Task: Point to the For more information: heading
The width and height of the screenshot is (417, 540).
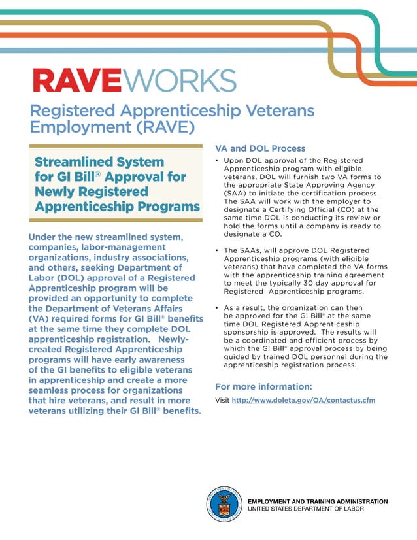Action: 263,386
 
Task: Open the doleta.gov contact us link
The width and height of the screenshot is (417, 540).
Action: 304,400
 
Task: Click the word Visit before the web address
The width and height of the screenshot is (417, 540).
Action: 222,400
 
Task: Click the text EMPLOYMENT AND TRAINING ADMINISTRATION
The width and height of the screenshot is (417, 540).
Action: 318,501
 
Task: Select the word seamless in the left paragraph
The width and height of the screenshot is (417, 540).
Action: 54,390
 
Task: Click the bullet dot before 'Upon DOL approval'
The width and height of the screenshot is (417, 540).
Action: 217,160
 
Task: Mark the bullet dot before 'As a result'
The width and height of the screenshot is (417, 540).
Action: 217,307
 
